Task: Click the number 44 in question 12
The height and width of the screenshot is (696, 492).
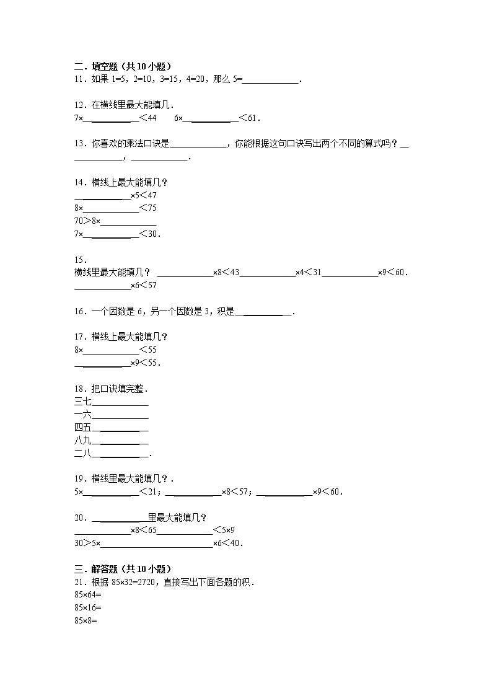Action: point(152,118)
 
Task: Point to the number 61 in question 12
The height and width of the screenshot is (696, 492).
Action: point(254,118)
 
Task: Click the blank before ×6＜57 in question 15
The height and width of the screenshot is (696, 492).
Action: point(102,286)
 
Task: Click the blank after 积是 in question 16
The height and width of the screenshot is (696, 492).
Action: point(263,312)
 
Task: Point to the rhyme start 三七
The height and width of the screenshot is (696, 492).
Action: point(82,402)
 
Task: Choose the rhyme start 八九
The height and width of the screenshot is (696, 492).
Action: point(82,440)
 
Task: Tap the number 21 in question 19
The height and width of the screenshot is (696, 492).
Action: point(152,492)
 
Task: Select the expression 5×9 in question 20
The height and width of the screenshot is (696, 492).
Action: point(228,530)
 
